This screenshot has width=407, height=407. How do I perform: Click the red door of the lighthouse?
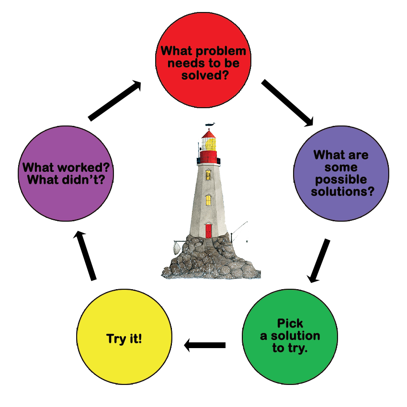click(208, 230)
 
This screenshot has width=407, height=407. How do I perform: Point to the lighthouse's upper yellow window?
click(208, 175)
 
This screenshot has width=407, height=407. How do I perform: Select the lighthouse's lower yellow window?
click(208, 199)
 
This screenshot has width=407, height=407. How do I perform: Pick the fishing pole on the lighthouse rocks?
click(239, 230)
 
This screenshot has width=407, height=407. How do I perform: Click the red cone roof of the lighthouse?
click(209, 134)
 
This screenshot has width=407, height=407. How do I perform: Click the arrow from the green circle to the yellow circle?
click(205, 344)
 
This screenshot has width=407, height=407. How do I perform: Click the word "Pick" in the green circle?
click(290, 323)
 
